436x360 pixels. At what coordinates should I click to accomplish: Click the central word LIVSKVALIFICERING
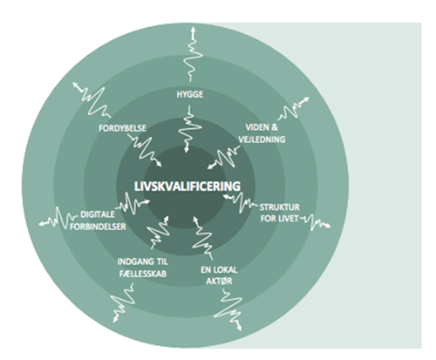(187, 186)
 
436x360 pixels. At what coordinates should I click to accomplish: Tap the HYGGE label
(190, 94)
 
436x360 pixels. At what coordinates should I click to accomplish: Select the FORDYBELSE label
(122, 128)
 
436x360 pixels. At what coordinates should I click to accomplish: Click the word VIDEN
(257, 127)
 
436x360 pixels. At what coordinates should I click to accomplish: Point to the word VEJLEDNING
(262, 139)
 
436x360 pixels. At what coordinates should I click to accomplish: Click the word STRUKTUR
(279, 207)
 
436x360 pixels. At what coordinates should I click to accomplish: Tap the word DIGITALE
(93, 214)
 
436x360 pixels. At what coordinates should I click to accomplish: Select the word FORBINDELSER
(98, 227)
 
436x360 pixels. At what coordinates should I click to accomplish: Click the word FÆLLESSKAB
(143, 274)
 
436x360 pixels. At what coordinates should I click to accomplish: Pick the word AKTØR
(219, 282)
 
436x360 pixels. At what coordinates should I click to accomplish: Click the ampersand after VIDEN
(275, 127)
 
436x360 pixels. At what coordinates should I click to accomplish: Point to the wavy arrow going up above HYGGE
(192, 54)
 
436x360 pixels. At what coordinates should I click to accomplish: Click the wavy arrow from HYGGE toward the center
(189, 129)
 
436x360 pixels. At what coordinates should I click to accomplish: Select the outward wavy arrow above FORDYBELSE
(92, 98)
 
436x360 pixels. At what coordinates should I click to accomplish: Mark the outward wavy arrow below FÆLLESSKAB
(123, 302)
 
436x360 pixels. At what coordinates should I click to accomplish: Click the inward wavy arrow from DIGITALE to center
(133, 203)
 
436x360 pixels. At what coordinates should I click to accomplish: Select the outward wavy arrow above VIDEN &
(293, 109)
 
